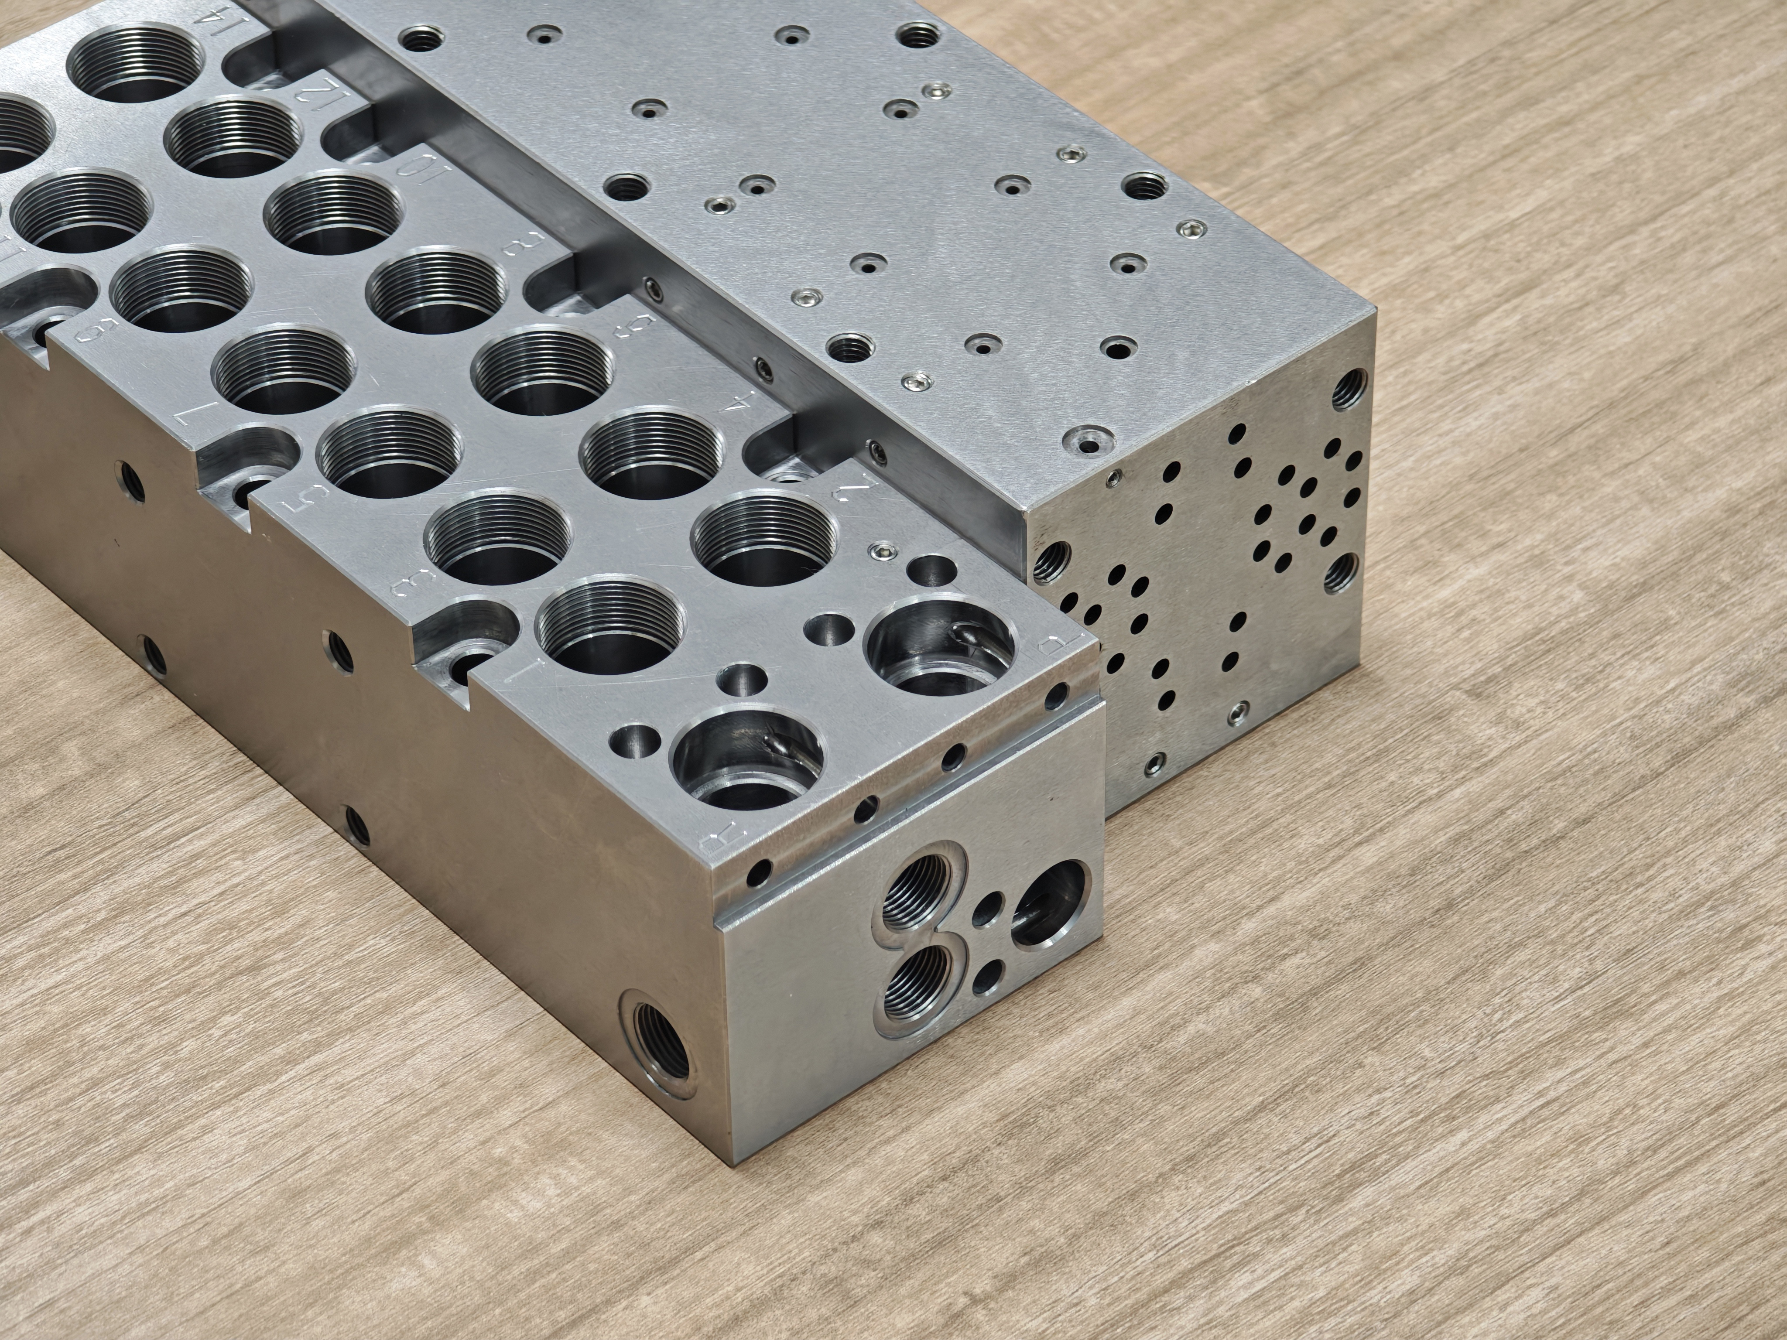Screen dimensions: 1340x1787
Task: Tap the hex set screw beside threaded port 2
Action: [883, 552]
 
